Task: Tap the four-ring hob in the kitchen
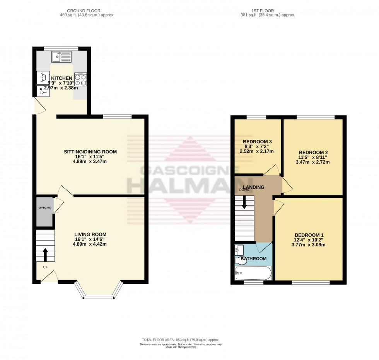80,80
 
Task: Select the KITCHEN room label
59,78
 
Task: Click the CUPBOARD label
44,208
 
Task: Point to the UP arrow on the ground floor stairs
45,254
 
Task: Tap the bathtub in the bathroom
253,273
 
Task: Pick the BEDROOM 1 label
309,235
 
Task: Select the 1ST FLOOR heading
267,10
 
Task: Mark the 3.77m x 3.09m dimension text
309,245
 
